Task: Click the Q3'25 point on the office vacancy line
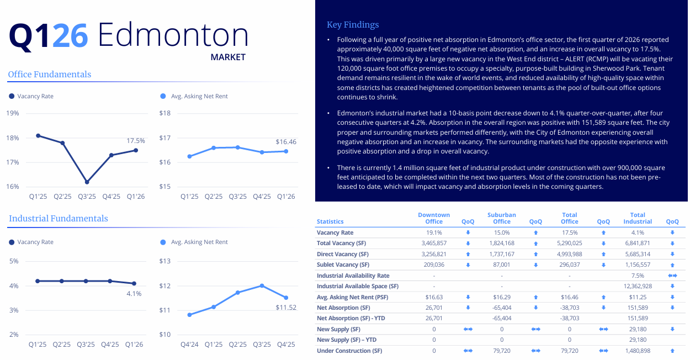87,182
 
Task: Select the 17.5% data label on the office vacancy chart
136,141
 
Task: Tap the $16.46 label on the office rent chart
286,142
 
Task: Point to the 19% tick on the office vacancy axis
13,113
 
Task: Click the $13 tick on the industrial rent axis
165,261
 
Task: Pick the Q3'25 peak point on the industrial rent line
262,285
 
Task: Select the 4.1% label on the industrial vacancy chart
134,294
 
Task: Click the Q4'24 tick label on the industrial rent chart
189,345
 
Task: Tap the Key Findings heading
353,25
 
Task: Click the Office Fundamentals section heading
50,75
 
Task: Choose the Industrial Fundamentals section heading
59,219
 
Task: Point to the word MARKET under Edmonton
228,57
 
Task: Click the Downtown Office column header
434,218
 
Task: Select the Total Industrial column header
638,218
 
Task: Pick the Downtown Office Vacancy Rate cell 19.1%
434,232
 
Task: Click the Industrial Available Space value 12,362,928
638,287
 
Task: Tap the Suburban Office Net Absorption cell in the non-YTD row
502,308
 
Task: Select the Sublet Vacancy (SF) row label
343,265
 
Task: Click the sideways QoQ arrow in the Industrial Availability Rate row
672,276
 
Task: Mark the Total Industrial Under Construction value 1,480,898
638,351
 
